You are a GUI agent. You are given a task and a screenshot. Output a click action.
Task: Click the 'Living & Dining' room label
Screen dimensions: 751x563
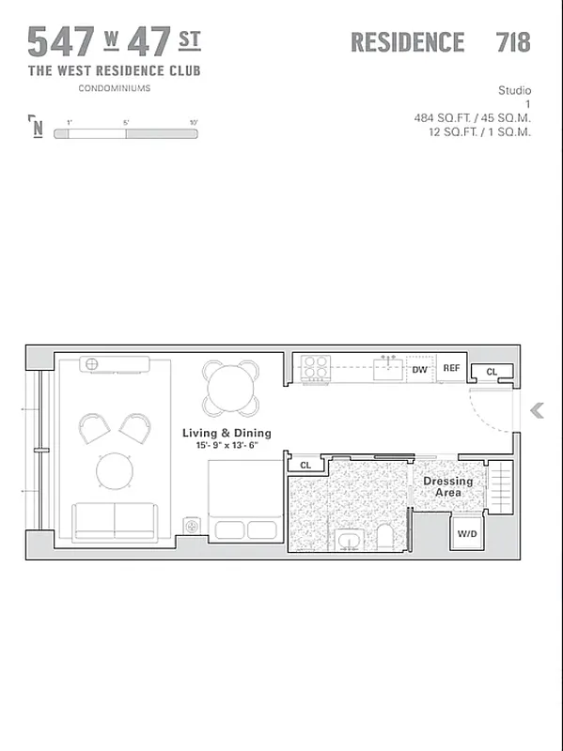227,433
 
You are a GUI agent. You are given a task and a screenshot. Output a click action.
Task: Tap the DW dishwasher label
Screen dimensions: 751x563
420,370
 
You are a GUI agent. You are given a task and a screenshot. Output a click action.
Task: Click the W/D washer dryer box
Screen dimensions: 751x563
467,534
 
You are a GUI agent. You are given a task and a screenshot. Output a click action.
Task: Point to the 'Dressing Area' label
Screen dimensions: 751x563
447,486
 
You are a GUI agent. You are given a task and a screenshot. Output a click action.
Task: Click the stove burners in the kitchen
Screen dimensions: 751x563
314,369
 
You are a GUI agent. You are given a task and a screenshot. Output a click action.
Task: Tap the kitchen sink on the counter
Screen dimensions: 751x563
387,369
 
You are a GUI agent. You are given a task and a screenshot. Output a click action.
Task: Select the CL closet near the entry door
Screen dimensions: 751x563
492,373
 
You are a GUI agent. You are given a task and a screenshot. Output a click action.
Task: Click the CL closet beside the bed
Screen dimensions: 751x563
305,465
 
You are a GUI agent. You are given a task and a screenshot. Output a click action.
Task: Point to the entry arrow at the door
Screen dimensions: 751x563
538,410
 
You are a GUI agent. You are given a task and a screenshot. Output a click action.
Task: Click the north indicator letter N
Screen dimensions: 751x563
37,128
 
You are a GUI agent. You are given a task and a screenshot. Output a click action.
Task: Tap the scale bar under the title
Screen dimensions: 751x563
125,134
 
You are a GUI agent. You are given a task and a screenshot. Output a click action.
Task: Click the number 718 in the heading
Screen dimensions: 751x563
512,42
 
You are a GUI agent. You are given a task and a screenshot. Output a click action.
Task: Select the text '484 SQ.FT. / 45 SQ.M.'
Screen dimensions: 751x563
472,118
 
